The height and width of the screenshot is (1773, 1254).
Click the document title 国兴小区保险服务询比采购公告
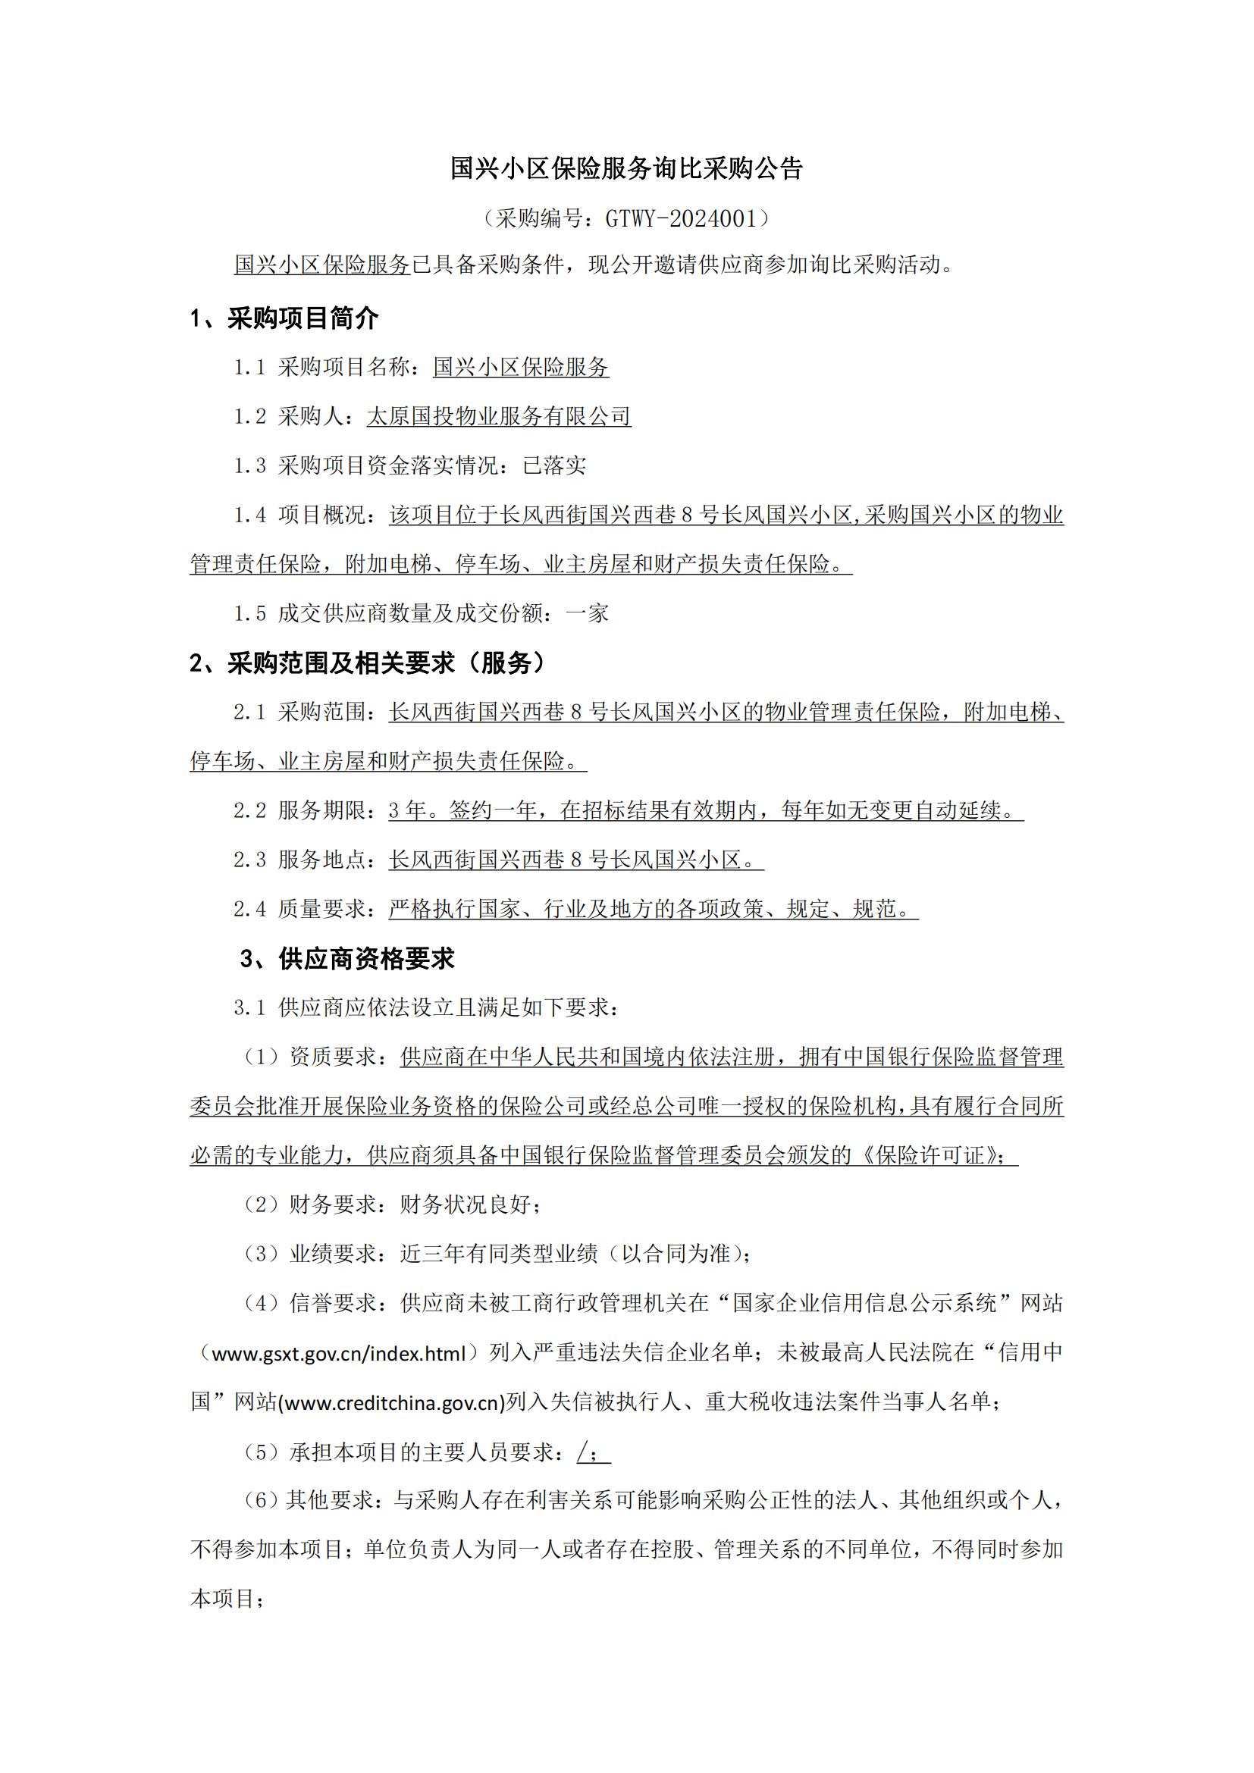626,168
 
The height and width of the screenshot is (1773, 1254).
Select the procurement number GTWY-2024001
680,218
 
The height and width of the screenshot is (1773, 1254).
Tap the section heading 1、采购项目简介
284,318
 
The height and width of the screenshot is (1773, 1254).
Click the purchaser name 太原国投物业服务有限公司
498,416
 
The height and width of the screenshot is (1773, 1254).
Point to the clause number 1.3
250,465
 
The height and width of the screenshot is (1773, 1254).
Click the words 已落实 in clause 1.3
553,465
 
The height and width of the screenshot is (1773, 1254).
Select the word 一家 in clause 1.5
587,613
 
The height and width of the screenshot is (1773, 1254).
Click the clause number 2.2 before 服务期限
250,810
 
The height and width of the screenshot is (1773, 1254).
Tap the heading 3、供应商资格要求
347,958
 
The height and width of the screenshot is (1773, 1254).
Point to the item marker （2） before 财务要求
261,1204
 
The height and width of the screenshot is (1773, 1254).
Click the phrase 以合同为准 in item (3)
676,1253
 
